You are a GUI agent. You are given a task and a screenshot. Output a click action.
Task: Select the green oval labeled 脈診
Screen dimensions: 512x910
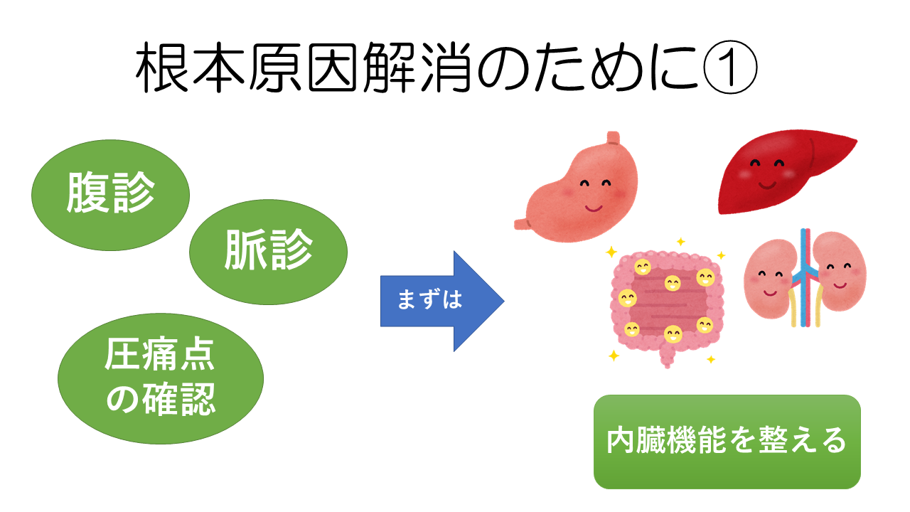(x=268, y=250)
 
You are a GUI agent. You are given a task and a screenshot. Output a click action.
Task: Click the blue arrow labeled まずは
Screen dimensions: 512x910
(x=441, y=301)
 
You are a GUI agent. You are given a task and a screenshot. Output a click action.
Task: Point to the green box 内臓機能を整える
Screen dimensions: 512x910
(x=727, y=442)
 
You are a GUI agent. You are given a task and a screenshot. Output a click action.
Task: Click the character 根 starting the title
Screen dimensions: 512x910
(x=163, y=71)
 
